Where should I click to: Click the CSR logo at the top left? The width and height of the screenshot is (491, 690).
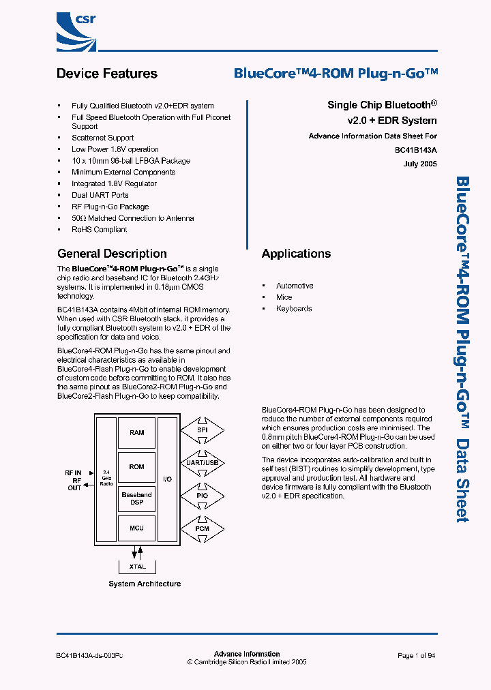coord(78,28)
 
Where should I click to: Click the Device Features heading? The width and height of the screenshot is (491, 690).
coord(107,74)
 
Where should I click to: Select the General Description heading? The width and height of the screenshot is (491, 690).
coord(112,254)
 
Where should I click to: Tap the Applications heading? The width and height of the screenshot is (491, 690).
coord(296,254)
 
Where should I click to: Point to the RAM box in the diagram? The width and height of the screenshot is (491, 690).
coord(137,433)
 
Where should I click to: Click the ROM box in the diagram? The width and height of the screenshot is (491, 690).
coord(137,467)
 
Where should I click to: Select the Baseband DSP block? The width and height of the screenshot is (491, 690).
coord(137,498)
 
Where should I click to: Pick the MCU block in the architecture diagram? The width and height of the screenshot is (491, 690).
coord(137,528)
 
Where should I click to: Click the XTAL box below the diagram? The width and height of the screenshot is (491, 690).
coord(137,567)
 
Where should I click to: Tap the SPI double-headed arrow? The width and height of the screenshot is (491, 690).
coord(202,431)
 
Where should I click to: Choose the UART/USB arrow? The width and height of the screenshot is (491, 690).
coord(202,463)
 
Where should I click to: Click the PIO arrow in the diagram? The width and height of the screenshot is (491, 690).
coord(202,496)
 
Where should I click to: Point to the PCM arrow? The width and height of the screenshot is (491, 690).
coord(202,528)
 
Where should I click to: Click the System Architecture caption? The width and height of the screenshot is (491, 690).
coord(145,584)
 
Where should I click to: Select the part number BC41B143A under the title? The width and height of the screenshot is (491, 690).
coord(416,150)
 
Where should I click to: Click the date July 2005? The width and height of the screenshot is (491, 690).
coord(420,164)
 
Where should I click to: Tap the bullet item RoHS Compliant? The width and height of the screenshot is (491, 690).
coord(100,230)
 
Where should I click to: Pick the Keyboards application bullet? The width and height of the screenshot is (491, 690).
coord(294,309)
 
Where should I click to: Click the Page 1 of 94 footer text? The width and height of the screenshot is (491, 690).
coord(416,655)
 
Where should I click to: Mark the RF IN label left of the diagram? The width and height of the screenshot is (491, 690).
coord(72,472)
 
